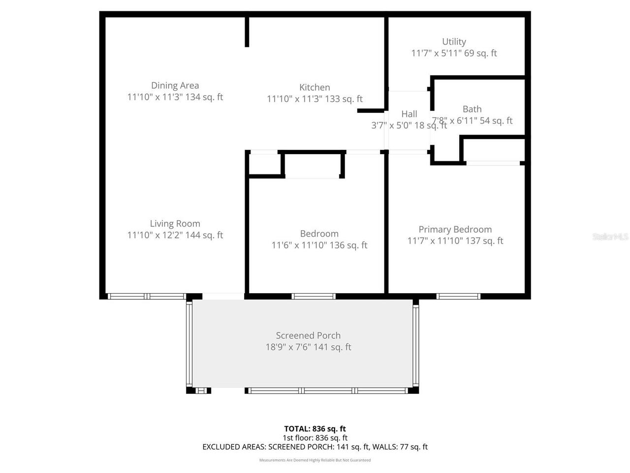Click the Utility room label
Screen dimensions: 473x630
454,42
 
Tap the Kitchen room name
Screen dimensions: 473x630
315,88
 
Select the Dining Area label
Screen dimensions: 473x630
175,86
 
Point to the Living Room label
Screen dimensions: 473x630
175,224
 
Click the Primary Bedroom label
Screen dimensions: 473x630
455,230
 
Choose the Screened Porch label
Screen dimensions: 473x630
308,336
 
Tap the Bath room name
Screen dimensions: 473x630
472,109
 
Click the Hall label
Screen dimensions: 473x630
409,114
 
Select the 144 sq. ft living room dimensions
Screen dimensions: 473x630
175,236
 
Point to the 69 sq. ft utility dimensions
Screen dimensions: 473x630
454,53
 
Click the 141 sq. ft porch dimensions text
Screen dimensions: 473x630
308,347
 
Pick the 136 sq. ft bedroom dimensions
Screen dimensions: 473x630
319,245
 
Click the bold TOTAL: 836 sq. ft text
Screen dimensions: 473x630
315,429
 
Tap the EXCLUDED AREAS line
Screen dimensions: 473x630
315,447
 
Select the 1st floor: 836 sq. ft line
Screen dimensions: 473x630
315,438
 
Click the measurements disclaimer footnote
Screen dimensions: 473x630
315,460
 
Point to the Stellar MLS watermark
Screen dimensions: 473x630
610,237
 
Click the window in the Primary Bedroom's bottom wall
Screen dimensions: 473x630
458,296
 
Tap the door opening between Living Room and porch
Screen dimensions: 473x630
223,296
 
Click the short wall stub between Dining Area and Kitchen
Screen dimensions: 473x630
247,32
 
